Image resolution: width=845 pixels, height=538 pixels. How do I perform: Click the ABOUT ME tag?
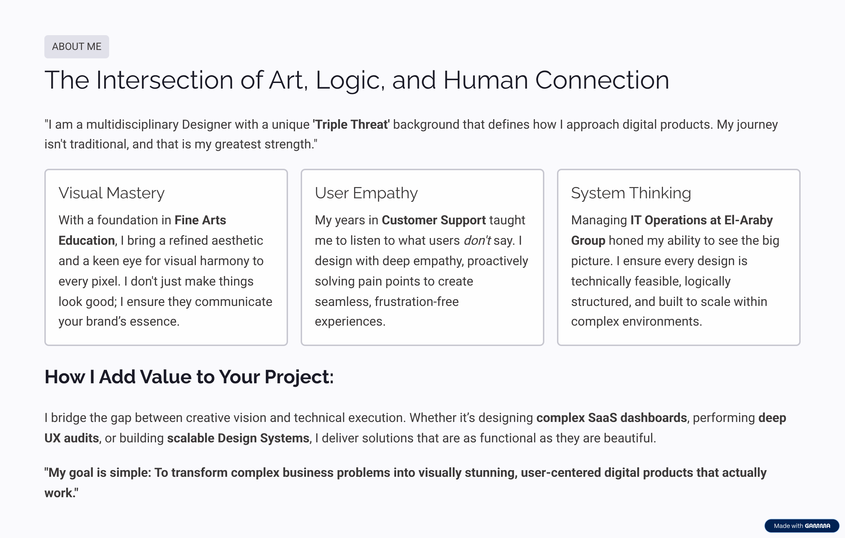(x=77, y=47)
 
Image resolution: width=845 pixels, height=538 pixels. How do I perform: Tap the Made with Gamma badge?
(x=802, y=526)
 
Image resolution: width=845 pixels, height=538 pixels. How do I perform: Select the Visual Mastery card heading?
(x=112, y=193)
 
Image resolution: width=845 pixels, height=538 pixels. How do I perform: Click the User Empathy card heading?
(x=366, y=193)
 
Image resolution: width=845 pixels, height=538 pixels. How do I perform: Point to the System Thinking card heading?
(x=631, y=193)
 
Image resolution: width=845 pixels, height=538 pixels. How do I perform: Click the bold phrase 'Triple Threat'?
(x=351, y=124)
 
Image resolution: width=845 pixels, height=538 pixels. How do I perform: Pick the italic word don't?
(x=477, y=241)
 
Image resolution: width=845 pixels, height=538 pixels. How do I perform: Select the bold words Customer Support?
(x=434, y=220)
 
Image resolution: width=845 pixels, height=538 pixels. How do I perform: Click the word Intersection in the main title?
(x=164, y=80)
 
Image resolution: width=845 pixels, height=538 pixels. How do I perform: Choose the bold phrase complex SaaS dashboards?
(x=612, y=418)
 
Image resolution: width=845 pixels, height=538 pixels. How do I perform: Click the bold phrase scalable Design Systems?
(x=238, y=438)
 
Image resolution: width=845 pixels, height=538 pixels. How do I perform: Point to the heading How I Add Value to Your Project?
(x=189, y=377)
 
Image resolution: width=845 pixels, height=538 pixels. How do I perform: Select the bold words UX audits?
(x=71, y=438)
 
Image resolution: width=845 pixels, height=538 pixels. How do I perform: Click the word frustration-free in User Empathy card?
(x=417, y=302)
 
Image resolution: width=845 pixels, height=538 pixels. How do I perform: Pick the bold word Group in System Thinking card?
(x=588, y=241)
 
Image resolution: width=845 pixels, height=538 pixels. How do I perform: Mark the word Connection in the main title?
(x=602, y=80)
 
